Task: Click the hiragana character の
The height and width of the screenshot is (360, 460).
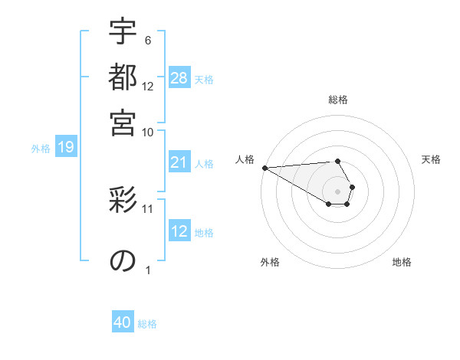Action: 123,260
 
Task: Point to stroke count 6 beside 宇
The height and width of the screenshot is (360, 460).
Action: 147,40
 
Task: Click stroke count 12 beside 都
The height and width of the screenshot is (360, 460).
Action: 148,87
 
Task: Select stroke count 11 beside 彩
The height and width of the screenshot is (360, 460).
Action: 148,208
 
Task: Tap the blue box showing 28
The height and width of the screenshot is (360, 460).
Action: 179,77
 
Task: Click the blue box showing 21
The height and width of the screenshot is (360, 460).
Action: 179,162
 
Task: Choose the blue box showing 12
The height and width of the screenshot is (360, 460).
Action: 179,231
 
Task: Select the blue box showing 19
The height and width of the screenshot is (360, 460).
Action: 66,148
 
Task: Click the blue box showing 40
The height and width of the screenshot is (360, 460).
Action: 123,323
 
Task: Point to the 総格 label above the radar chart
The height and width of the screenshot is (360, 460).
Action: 338,100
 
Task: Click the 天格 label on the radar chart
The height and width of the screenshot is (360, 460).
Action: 431,159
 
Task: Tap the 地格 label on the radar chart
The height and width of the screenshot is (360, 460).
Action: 402,262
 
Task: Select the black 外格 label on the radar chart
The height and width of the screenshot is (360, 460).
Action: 270,262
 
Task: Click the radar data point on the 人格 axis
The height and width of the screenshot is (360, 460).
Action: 264,167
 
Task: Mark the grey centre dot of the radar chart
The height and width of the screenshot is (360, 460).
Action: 337,191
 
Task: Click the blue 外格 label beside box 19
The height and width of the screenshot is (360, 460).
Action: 41,149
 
